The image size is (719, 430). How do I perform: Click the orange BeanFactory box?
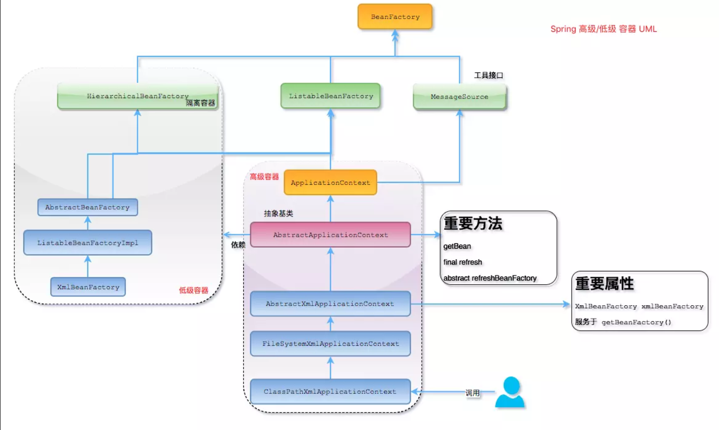(395, 17)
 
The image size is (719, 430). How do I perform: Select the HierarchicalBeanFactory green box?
(137, 96)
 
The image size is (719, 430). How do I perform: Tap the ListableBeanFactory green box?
(331, 96)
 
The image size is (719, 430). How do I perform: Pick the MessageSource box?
(459, 97)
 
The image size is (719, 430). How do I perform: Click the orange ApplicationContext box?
(331, 183)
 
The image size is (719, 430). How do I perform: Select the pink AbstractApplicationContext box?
(331, 235)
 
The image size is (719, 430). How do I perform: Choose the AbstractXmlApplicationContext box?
(331, 304)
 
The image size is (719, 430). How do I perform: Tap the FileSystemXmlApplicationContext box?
(331, 344)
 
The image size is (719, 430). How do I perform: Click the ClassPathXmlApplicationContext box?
(331, 392)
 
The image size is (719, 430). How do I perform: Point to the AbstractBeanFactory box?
(88, 208)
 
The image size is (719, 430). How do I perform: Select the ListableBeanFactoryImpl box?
(88, 243)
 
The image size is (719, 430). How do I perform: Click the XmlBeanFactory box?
(88, 287)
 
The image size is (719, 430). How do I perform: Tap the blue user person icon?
(510, 392)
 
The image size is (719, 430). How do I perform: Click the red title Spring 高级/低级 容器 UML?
(603, 29)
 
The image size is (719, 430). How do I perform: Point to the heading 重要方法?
(473, 224)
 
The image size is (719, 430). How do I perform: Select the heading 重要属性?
(604, 284)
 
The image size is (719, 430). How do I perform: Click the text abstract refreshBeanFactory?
(490, 278)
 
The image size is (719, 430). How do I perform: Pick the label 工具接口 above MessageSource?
(488, 75)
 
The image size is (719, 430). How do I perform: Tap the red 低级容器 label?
(193, 290)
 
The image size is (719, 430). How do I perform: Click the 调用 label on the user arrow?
(472, 393)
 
